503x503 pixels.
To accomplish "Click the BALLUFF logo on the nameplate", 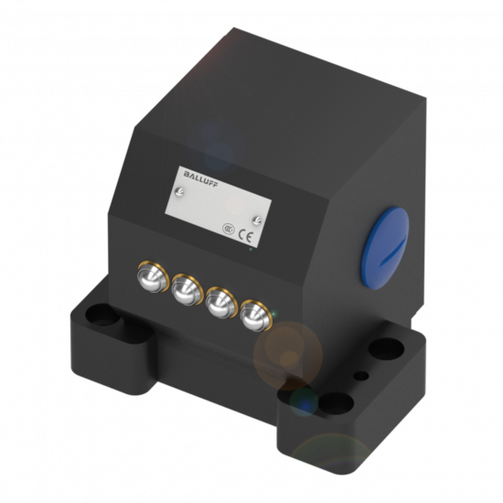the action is [201, 179].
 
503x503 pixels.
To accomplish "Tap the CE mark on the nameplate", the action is [246, 237].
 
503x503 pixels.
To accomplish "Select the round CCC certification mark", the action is [229, 229].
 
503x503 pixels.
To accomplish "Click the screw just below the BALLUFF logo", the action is [179, 192].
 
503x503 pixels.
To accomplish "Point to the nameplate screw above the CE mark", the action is [257, 220].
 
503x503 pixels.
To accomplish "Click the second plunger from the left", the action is [187, 290].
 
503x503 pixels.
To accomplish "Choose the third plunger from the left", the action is [221, 303].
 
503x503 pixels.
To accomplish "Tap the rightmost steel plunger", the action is [256, 316].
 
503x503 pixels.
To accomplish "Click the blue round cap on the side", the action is [385, 248].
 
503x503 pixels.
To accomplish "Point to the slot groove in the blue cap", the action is [393, 251].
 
